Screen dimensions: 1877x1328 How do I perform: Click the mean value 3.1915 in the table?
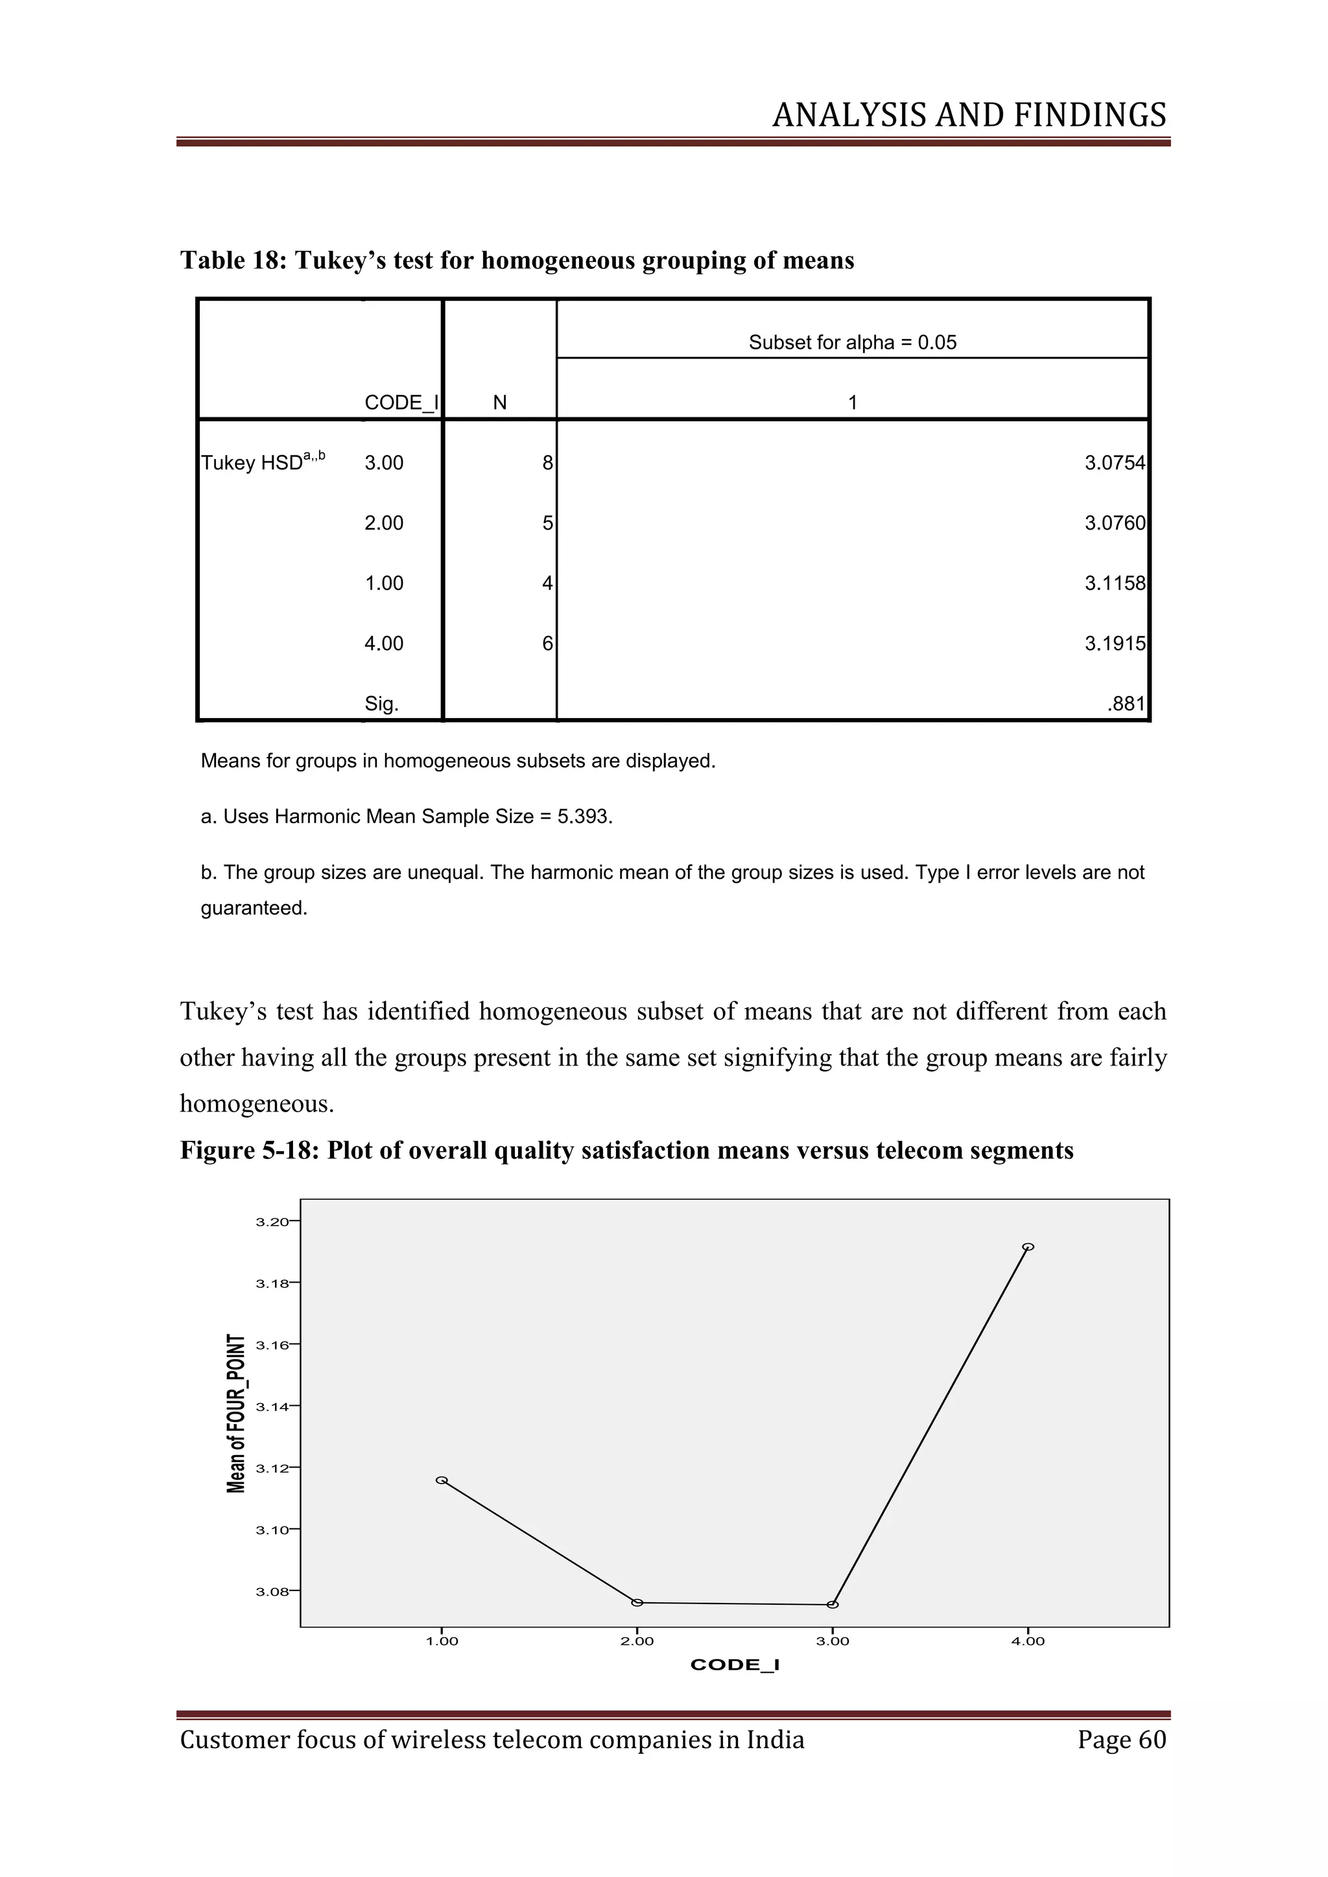coord(1115,644)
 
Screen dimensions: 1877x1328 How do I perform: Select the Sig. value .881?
coord(1126,704)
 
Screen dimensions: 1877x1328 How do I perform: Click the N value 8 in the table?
coord(547,463)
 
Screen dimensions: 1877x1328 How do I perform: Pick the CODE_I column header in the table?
coord(401,402)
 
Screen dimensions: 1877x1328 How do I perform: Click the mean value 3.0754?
coord(1115,463)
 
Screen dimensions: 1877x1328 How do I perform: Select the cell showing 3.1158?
coord(1115,583)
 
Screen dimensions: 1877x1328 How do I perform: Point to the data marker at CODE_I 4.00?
coord(1028,1247)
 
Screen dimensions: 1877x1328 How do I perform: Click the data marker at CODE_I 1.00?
coord(442,1480)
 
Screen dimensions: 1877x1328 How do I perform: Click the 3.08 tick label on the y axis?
coord(272,1592)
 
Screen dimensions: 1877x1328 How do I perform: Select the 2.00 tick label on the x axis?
coord(637,1642)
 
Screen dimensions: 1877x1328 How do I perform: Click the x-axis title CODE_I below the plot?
coord(734,1665)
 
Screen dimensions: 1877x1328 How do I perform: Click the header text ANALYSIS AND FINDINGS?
coord(969,115)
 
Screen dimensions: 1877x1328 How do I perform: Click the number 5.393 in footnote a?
coord(583,817)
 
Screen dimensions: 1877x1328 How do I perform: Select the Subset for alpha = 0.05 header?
coord(852,342)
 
